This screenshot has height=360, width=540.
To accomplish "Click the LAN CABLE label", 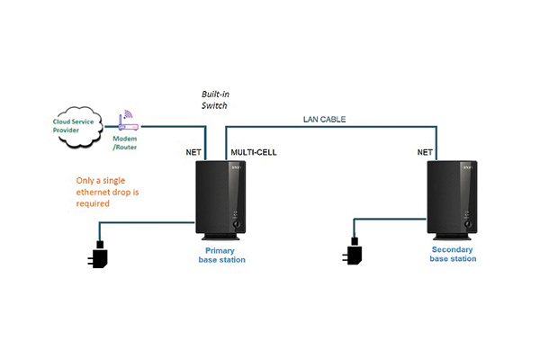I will (x=323, y=119).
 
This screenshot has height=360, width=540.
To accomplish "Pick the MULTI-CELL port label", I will (x=254, y=152).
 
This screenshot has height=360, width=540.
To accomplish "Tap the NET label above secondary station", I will (x=426, y=152).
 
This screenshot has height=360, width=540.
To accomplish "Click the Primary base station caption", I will (x=221, y=255).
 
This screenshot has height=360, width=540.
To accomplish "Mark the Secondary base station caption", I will (x=453, y=254).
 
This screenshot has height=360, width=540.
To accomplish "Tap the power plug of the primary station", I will (x=99, y=256).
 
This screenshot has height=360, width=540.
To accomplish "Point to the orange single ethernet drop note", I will (x=106, y=192).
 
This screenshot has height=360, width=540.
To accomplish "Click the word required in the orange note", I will (x=93, y=203).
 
